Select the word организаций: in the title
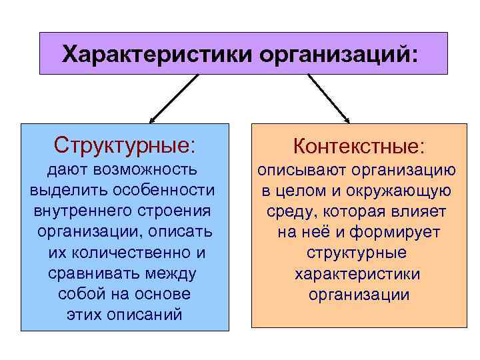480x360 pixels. click(340, 53)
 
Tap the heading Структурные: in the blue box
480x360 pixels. click(125, 144)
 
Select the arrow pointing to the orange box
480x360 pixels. click(328, 99)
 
